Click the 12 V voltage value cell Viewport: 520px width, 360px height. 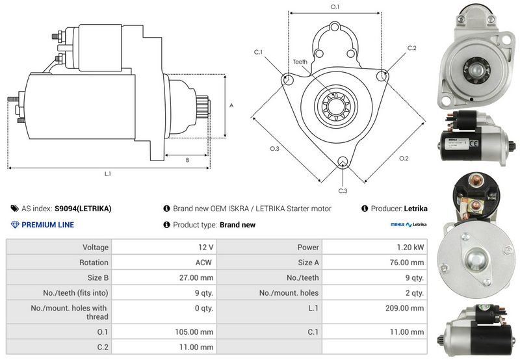[206, 247]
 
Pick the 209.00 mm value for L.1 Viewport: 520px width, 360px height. [408, 308]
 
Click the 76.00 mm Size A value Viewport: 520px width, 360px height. [409, 263]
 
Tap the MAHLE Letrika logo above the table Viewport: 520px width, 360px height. [408, 225]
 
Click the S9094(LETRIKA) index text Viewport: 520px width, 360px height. [83, 209]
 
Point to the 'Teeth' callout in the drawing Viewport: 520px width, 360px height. [300, 62]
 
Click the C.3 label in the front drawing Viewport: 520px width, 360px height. [343, 190]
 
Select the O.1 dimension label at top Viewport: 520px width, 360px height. [335, 6]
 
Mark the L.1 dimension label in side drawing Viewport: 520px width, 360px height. [108, 174]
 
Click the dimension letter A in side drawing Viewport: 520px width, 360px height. [231, 105]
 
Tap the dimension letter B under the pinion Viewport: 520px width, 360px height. [187, 159]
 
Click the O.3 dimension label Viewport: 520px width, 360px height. [274, 149]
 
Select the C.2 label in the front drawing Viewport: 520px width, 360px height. [411, 48]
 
